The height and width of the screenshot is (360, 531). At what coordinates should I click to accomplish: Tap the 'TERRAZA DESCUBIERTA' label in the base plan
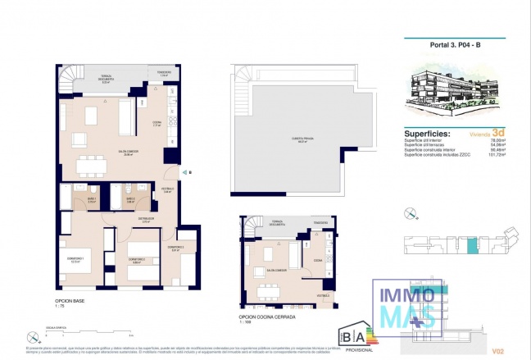click(106, 80)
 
